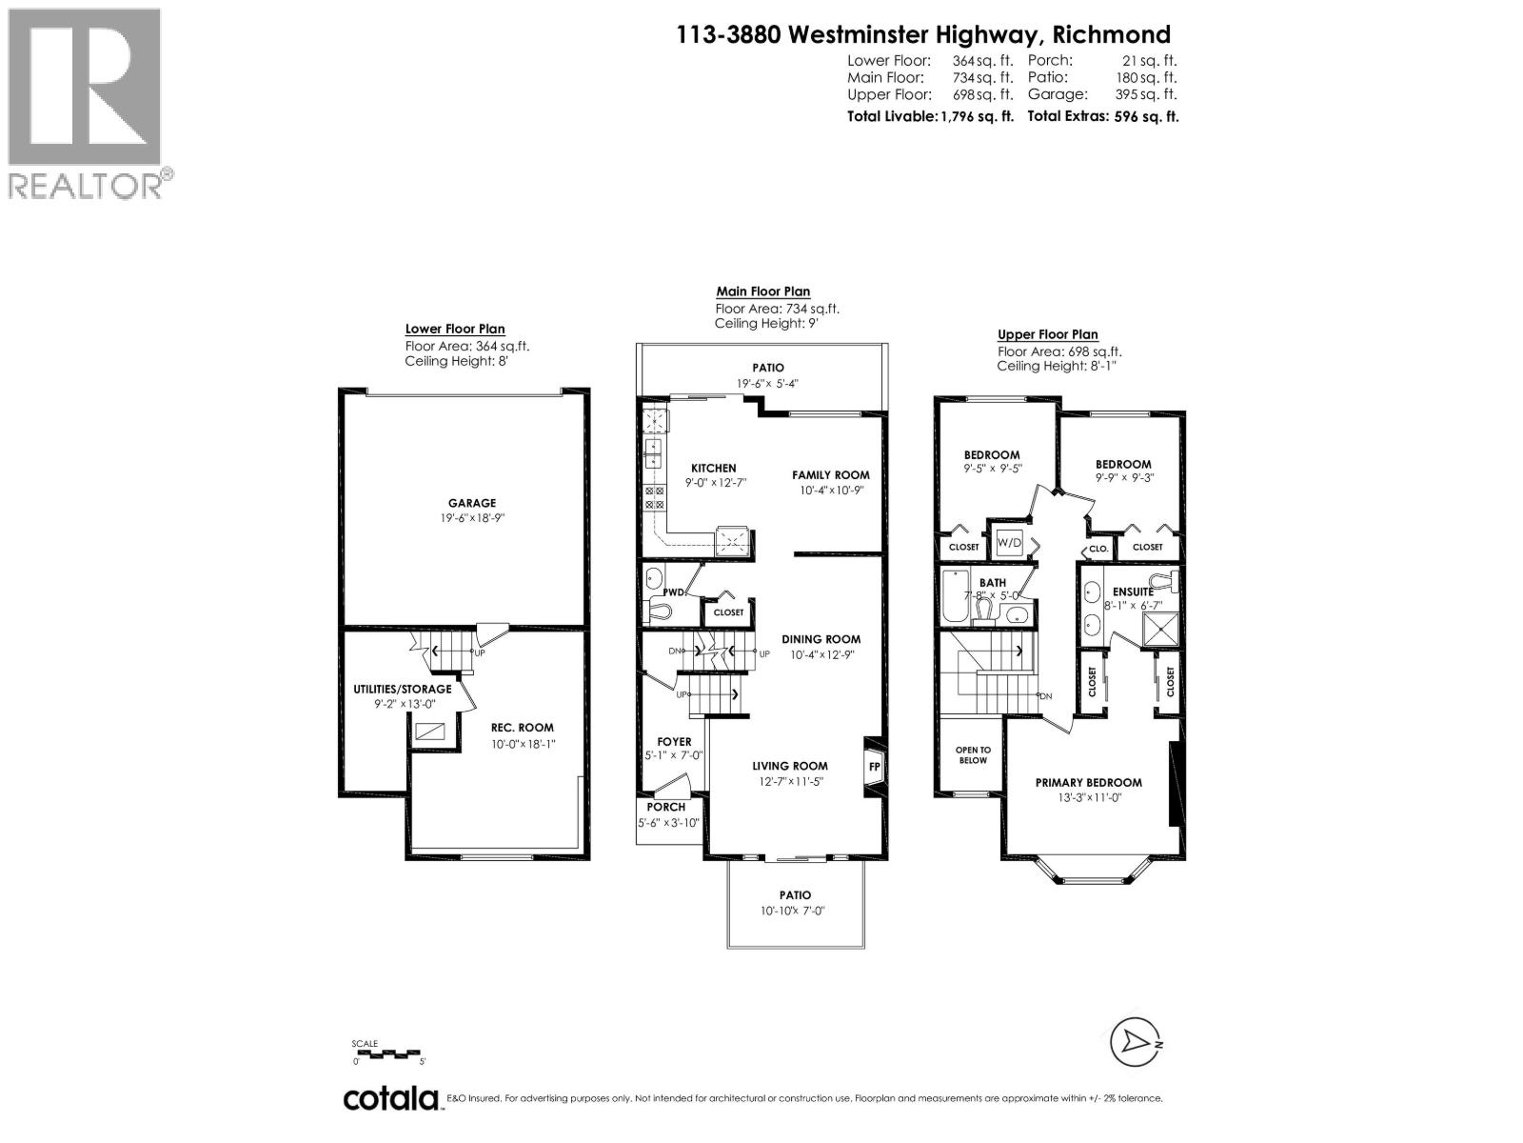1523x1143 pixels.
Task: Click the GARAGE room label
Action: point(472,503)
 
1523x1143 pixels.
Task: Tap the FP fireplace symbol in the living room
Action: point(874,765)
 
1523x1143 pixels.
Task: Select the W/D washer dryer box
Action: point(1009,543)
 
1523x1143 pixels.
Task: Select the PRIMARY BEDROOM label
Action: point(1088,782)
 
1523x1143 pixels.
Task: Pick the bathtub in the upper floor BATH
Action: point(955,596)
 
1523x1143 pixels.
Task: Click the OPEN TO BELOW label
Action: point(972,754)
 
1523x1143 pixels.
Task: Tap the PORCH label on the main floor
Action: point(666,807)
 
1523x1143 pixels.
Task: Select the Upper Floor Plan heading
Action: point(1047,334)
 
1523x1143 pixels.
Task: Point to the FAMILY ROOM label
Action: point(831,474)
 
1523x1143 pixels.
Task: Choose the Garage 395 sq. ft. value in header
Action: point(1146,94)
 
